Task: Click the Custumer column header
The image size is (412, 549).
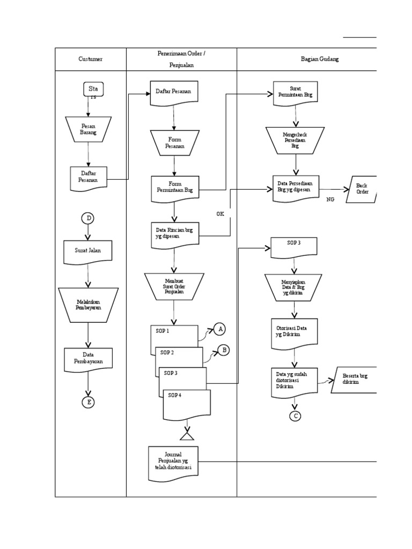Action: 90,59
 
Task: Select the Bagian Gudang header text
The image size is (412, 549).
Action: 319,59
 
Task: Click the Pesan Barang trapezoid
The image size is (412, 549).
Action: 89,129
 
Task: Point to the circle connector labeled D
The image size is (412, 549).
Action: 88,218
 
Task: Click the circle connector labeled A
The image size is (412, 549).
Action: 220,329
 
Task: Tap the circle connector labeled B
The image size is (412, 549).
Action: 223,350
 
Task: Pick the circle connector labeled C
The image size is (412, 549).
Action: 295,416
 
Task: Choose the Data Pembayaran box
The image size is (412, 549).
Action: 88,359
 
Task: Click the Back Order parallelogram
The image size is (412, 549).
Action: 362,189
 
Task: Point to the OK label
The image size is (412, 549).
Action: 220,213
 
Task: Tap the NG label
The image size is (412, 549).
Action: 330,198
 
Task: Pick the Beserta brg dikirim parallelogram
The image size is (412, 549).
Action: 355,380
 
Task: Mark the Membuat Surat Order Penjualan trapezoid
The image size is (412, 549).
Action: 174,286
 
